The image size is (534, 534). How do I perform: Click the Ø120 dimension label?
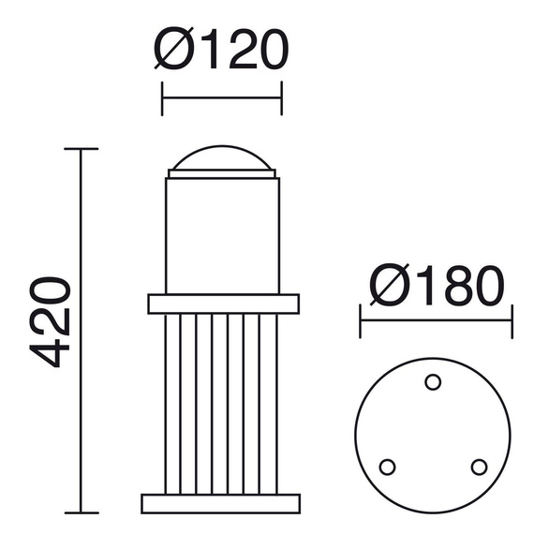221,52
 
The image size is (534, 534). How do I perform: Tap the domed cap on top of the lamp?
223,156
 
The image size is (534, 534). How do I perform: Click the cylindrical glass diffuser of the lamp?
223,234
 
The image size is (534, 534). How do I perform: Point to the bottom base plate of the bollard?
222,503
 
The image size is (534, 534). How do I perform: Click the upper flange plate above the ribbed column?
223,304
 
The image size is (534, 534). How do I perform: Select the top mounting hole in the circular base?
433,381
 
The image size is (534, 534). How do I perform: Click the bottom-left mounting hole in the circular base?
385,466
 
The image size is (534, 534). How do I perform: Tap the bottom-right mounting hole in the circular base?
479,466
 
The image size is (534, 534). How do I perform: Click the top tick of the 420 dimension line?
82,149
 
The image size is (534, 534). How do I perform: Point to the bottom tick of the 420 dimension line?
82,512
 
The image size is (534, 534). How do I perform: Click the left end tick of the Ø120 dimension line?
163,97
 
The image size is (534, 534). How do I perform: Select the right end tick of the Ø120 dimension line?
281,97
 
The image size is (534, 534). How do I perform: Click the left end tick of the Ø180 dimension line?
362,320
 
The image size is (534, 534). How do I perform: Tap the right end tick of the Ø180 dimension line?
512,320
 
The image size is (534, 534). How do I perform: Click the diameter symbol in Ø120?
175,52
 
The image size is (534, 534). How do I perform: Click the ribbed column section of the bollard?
222,403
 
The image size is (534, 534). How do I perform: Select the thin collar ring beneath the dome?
223,173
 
